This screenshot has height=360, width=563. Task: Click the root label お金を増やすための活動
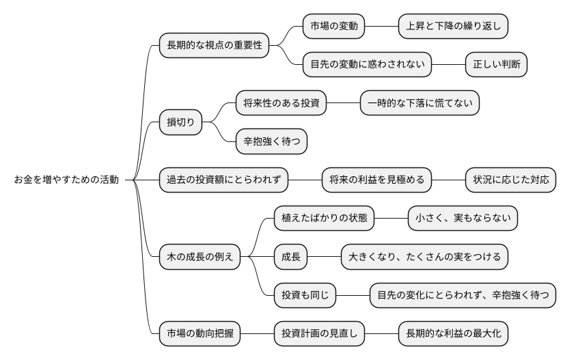pyautogui.click(x=66, y=180)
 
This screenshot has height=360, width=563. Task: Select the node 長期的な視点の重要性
pyautogui.click(x=214, y=46)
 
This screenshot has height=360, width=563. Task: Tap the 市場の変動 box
pyautogui.click(x=334, y=27)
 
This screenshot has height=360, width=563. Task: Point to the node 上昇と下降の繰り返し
pyautogui.click(x=454, y=27)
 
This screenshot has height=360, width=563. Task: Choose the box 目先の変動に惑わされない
pyautogui.click(x=368, y=65)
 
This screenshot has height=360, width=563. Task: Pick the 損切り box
pyautogui.click(x=181, y=122)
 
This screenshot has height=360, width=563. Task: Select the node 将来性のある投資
pyautogui.click(x=281, y=103)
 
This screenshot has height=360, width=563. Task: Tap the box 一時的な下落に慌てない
pyautogui.click(x=420, y=103)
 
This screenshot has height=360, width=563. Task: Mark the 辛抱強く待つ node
pyautogui.click(x=271, y=141)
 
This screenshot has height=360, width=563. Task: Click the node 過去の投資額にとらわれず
pyautogui.click(x=223, y=180)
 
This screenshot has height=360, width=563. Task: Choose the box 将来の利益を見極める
pyautogui.click(x=376, y=180)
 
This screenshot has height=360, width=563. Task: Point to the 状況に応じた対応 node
pyautogui.click(x=510, y=180)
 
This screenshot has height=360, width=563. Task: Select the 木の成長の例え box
pyautogui.click(x=200, y=257)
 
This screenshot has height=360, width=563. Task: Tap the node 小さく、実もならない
pyautogui.click(x=463, y=219)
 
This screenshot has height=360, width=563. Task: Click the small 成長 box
pyautogui.click(x=290, y=257)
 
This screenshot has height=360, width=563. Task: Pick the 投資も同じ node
pyautogui.click(x=305, y=295)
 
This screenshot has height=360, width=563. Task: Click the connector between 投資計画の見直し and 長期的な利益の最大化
pyautogui.click(x=382, y=334)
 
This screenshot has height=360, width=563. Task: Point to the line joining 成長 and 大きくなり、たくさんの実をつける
pyautogui.click(x=324, y=257)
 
